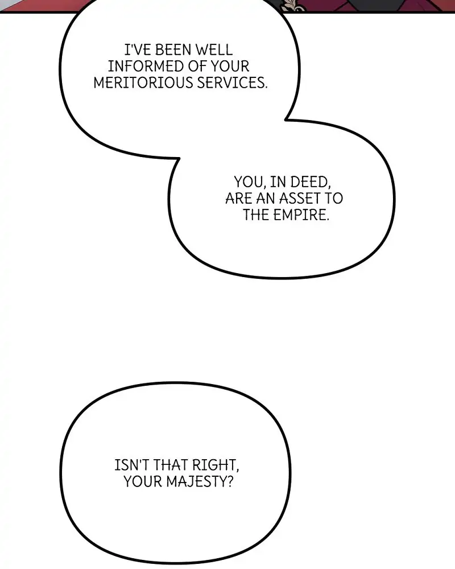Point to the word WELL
[x=213, y=51]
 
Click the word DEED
[x=309, y=183]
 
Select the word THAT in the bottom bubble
[x=173, y=465]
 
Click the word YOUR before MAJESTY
[x=143, y=482]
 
